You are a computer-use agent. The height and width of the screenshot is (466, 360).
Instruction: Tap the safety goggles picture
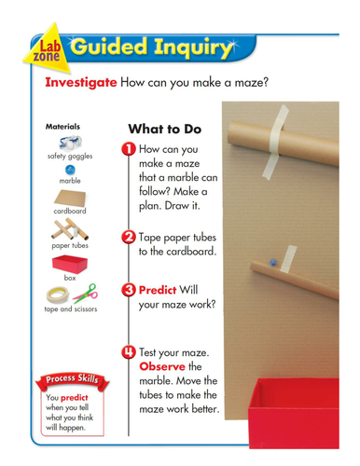(x=68, y=143)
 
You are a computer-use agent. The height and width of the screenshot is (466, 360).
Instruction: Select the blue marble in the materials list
(x=70, y=170)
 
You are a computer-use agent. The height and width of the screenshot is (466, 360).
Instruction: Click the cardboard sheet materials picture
(x=70, y=199)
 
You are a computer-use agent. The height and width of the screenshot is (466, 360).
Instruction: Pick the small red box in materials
(x=70, y=262)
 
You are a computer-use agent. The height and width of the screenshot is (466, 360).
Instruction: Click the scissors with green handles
(x=83, y=294)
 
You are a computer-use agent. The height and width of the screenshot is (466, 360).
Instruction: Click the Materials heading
(x=62, y=125)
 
